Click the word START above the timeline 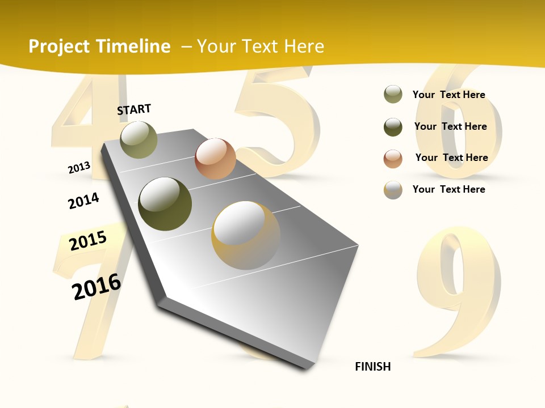coord(134,109)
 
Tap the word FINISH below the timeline coord(373,367)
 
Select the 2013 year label coord(79,168)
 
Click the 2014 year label coord(83,201)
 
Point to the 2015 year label coord(88,241)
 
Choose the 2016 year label coord(97,286)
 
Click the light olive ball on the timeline coord(139,139)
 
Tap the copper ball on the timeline coord(215,158)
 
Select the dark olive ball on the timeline coord(165,204)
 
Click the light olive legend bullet coord(393,95)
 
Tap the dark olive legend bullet coord(393,127)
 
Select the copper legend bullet coord(393,158)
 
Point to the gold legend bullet coord(393,190)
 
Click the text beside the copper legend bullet coord(451,158)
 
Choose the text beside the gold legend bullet coord(448,189)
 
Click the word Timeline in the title coord(133,46)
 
